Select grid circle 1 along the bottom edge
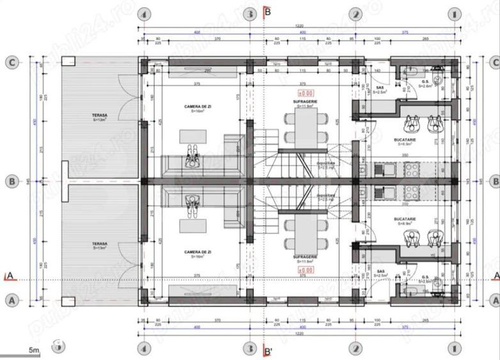pyautogui.click(x=453, y=348)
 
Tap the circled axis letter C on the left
pyautogui.click(x=11, y=62)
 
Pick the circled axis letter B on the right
pyautogui.click(x=494, y=181)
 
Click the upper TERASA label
pyautogui.click(x=99, y=116)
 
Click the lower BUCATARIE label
pyautogui.click(x=406, y=219)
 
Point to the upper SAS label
pyautogui.click(x=380, y=88)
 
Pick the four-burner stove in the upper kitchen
pyautogui.click(x=410, y=169)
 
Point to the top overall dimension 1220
pyautogui.click(x=299, y=26)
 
